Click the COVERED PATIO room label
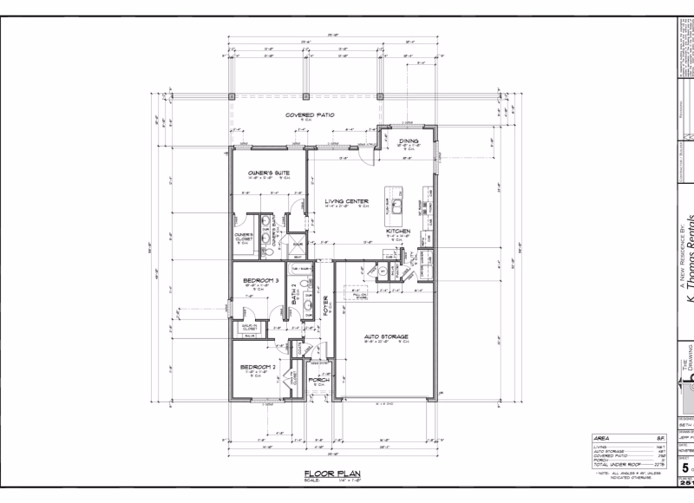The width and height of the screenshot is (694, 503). click(310, 114)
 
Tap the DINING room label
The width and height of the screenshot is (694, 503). click(409, 140)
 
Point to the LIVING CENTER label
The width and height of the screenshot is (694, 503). click(347, 201)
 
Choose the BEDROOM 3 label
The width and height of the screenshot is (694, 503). click(260, 281)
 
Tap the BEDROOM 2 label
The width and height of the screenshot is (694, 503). click(258, 368)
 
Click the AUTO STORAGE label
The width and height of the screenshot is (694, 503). click(387, 336)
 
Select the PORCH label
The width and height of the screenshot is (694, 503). click(318, 379)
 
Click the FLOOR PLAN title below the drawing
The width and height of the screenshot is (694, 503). click(325, 473)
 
